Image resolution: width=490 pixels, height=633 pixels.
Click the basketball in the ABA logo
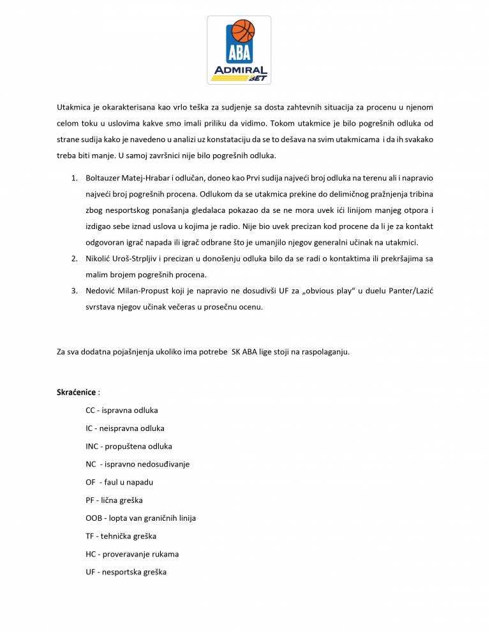click(x=243, y=30)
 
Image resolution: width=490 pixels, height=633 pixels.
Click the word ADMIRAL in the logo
click(x=239, y=70)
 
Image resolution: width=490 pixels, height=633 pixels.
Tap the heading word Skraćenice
click(x=77, y=391)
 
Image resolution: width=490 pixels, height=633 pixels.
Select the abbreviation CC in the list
click(x=91, y=411)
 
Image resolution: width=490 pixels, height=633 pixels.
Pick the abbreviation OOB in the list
click(x=94, y=518)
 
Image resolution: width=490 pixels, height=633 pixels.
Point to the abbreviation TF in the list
click(x=90, y=536)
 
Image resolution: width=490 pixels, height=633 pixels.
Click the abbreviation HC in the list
click(x=91, y=554)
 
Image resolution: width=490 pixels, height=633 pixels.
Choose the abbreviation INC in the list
click(x=93, y=446)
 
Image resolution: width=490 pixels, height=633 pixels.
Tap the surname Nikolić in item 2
click(x=100, y=259)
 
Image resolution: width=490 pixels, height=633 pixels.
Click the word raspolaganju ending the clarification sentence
click(x=325, y=352)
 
